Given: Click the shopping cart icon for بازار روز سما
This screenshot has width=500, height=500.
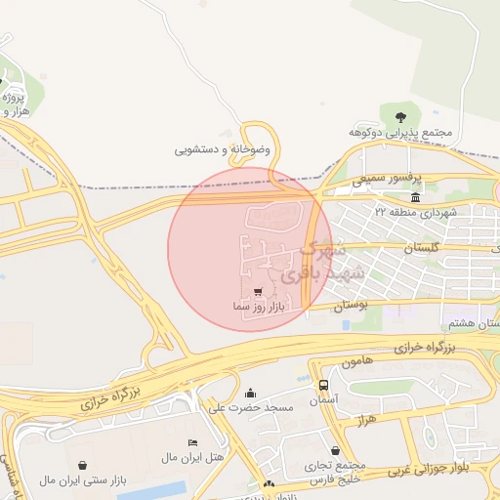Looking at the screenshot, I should (257, 291).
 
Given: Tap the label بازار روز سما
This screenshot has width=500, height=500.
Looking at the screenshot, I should (257, 307).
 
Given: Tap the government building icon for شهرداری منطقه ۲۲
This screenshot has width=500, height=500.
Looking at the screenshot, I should (417, 198).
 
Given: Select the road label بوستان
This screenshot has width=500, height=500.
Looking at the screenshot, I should (354, 306).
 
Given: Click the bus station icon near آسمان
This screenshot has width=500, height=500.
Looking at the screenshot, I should (323, 385).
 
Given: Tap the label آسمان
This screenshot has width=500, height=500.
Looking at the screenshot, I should (322, 400).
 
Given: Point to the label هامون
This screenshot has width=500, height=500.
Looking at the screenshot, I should (356, 362).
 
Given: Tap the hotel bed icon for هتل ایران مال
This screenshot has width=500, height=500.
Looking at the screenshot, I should (191, 442).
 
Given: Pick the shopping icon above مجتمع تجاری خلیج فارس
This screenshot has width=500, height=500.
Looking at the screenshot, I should (336, 451).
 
